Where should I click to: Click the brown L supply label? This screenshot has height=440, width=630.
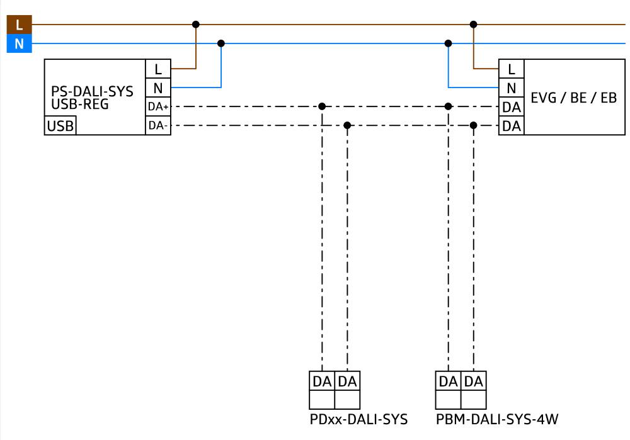coord(19,25)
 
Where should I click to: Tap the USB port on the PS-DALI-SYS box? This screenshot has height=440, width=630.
coord(60,126)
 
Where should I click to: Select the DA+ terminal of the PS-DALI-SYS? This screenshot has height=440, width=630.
coord(158,106)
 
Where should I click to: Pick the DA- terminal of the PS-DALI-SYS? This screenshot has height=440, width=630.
coord(158,126)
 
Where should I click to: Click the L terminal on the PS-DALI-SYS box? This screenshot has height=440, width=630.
coord(158,69)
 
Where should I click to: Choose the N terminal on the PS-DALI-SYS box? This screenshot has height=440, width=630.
coord(158,87)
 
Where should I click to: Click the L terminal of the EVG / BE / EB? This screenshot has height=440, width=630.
coord(511,69)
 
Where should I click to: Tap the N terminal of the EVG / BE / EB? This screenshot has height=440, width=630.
coord(511,87)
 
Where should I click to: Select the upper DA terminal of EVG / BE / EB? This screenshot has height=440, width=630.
coord(511,107)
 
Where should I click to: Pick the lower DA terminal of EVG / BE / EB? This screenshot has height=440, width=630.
coord(511,126)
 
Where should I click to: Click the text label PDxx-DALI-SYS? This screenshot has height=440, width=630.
coord(358,419)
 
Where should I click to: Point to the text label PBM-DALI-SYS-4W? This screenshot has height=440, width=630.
coord(497,419)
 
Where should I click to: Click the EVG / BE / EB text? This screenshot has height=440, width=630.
coord(573,98)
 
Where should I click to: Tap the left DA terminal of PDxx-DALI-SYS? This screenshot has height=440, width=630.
coord(322,381)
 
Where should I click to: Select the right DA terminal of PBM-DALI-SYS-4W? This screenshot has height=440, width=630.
coord(473,381)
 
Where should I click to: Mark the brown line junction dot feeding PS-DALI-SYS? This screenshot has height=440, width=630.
coord(196,25)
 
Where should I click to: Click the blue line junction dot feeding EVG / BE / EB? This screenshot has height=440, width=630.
coord(448,43)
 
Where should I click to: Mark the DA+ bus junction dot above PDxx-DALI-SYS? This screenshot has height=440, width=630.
coord(322,106)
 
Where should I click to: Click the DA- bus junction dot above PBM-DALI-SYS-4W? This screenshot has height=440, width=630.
coord(473,125)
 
